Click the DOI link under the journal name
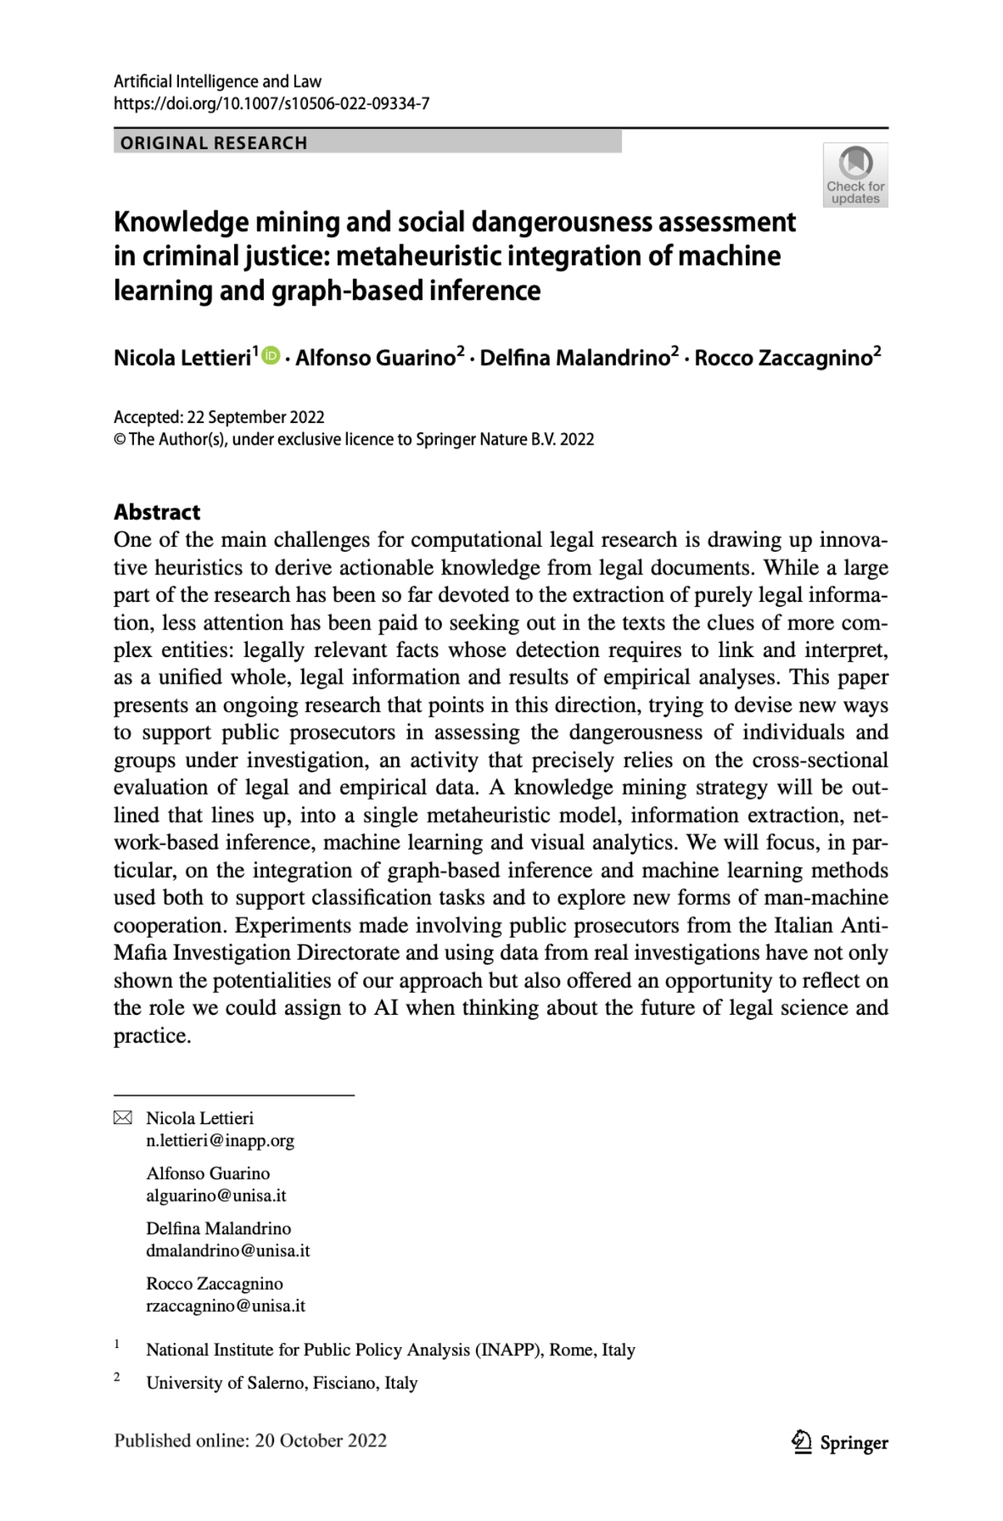(272, 104)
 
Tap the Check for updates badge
(855, 175)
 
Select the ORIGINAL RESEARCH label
(214, 143)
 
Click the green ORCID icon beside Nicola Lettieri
(272, 356)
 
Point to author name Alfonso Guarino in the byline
(375, 358)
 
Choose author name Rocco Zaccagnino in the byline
(783, 358)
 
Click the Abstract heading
(157, 512)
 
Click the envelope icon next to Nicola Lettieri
(123, 1118)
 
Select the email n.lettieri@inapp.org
(220, 1141)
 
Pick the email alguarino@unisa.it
(216, 1196)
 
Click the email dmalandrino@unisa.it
(228, 1251)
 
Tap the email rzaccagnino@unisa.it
(225, 1306)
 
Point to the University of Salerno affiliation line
(282, 1383)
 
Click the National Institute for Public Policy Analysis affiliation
(391, 1349)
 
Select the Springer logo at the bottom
(841, 1442)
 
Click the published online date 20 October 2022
(321, 1441)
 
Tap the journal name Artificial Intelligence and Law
(217, 81)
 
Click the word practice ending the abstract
(152, 1036)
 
